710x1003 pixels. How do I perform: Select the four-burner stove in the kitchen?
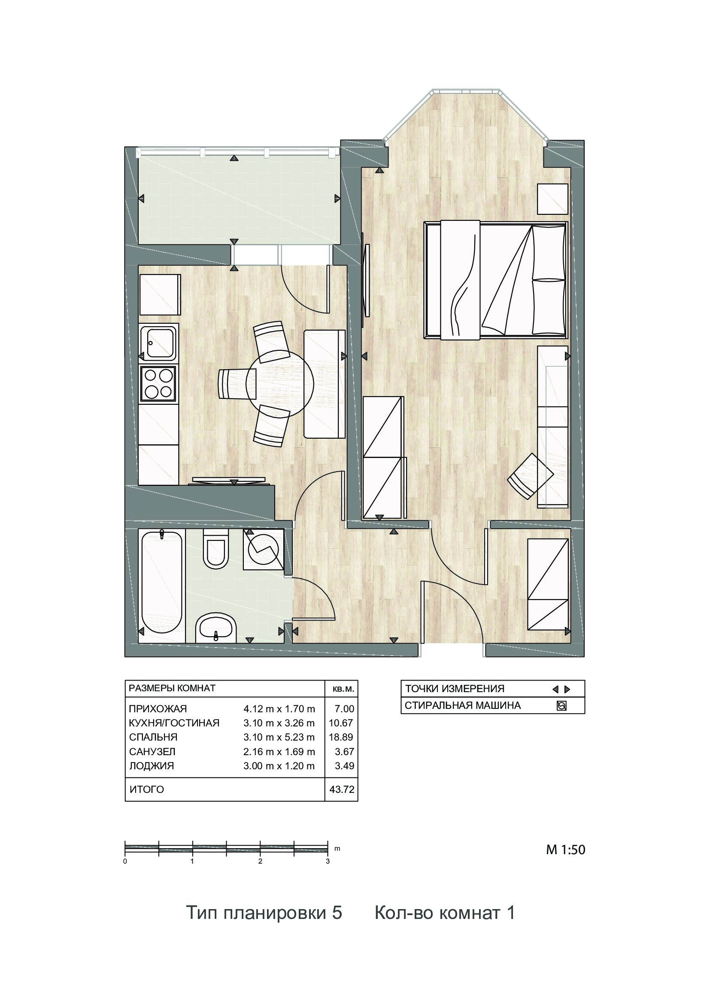point(158,383)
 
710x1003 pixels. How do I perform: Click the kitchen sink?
point(158,343)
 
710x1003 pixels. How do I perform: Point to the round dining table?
point(280,383)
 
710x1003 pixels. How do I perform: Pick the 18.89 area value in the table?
point(341,737)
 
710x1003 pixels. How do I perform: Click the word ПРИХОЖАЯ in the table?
point(158,708)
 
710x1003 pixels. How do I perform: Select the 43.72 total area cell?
point(341,789)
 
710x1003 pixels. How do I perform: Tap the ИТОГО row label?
point(147,789)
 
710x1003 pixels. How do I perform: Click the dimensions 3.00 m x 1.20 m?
point(279,766)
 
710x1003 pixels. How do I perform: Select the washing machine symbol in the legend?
point(561,706)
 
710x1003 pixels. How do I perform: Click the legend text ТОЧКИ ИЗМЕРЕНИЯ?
point(455,689)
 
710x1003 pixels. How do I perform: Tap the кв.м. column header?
point(343,689)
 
